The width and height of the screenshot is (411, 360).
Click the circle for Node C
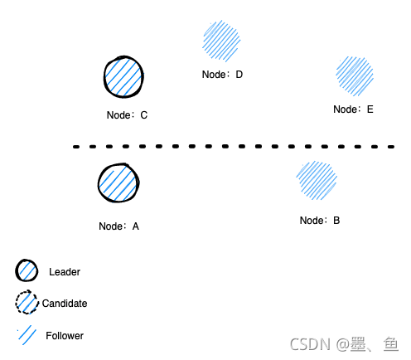pyautogui.click(x=123, y=77)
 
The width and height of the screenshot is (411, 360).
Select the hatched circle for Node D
pyautogui.click(x=221, y=41)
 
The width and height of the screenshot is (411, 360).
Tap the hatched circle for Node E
pyautogui.click(x=355, y=76)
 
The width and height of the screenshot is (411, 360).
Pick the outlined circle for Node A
pyautogui.click(x=118, y=182)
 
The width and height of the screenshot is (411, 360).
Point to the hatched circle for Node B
pyautogui.click(x=317, y=180)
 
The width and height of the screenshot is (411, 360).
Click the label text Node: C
pyautogui.click(x=127, y=115)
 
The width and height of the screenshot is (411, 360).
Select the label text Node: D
pyautogui.click(x=222, y=75)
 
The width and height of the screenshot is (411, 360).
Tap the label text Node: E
pyautogui.click(x=353, y=109)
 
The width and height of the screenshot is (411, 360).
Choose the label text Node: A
pyautogui.click(x=118, y=226)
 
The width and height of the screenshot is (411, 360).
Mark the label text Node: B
pyautogui.click(x=320, y=221)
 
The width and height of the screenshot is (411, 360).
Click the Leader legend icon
pyautogui.click(x=27, y=270)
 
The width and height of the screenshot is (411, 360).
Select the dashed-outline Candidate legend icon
pyautogui.click(x=27, y=302)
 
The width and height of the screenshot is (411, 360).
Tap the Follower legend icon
pyautogui.click(x=27, y=335)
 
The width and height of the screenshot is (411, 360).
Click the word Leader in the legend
pyautogui.click(x=65, y=272)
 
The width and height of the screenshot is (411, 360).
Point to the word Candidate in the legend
pyautogui.click(x=65, y=304)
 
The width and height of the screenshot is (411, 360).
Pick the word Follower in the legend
pyautogui.click(x=65, y=336)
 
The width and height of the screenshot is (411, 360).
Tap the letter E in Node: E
pyautogui.click(x=370, y=109)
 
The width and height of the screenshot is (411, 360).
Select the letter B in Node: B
pyautogui.click(x=336, y=221)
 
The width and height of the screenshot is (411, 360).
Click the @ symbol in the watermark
pyautogui.click(x=343, y=345)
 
